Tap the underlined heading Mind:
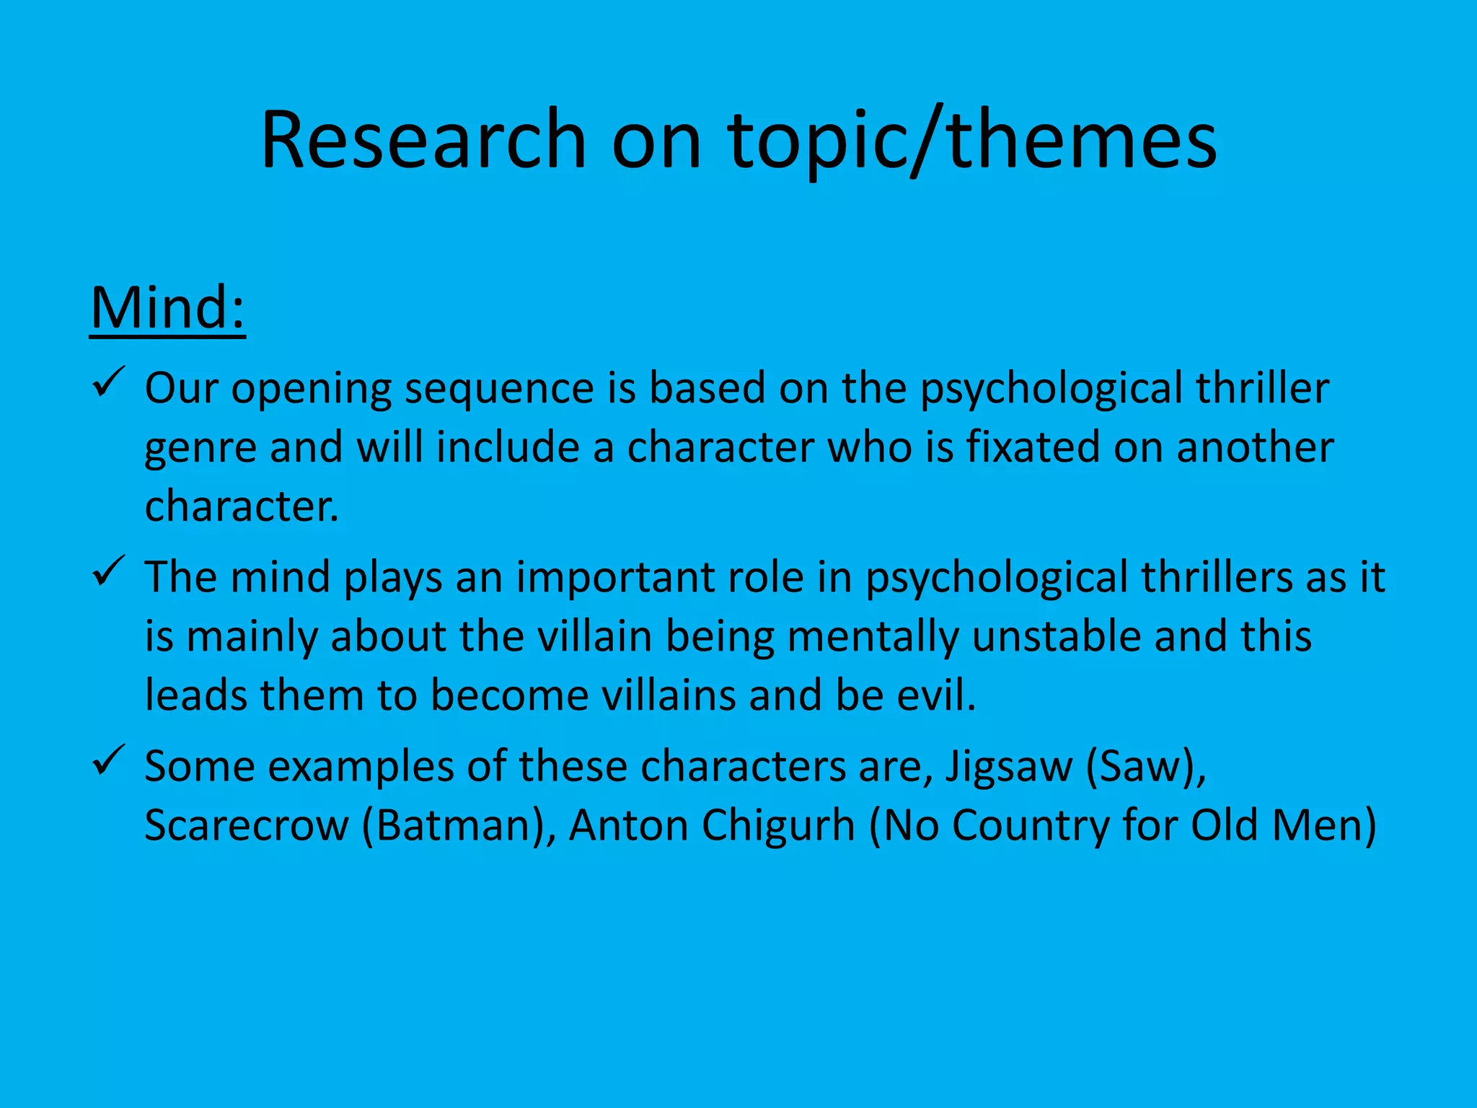167,308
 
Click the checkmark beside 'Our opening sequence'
110,382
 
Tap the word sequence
498,390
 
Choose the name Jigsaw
1008,768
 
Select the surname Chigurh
778,826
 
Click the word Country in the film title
1030,826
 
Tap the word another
1255,447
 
